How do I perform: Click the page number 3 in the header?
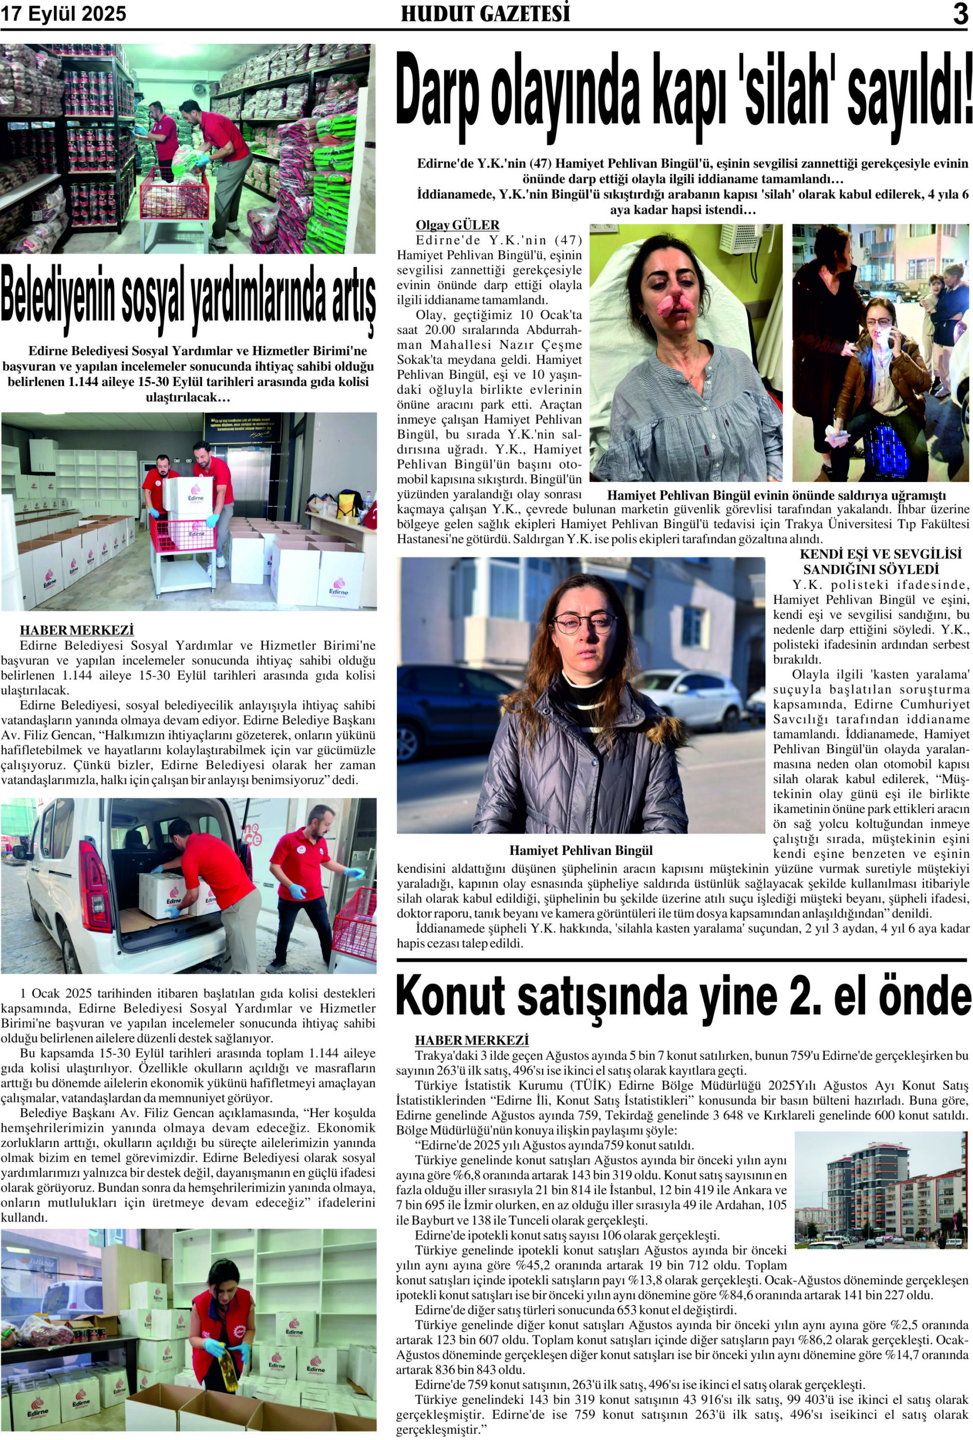960,13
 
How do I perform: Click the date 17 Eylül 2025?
63,14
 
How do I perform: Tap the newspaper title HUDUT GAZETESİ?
485,13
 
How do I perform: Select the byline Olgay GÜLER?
457,225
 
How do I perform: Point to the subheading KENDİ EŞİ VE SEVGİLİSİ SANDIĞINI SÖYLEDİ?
871,561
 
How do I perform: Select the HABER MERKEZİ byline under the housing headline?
472,1041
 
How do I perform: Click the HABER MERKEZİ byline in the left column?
77,630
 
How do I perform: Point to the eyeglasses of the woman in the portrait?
585,622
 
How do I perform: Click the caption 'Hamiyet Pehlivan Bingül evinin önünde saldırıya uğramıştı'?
776,496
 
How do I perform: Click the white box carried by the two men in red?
188,496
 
